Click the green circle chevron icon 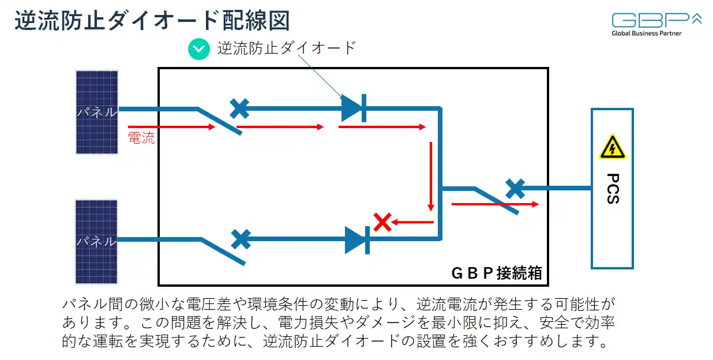coord(199,48)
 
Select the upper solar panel coord(97,112)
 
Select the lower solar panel coord(97,241)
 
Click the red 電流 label coord(141,138)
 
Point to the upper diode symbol coord(353,108)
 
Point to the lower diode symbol coord(356,240)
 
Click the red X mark coord(382,222)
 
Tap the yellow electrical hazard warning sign coord(612,148)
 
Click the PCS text coord(612,189)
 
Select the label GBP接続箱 coord(496,273)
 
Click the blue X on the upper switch coord(239,108)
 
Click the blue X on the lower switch coord(241,239)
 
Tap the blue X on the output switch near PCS coord(515,188)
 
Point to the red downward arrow coord(430,176)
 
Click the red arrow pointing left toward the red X coord(414,222)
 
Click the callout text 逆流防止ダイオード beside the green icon coord(286,48)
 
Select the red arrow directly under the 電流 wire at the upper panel coord(171,126)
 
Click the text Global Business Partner coord(647,33)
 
